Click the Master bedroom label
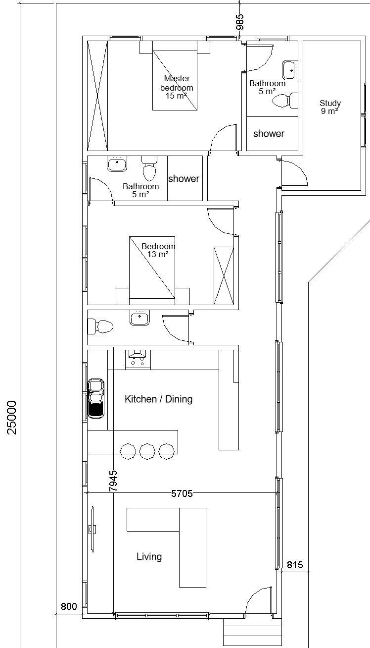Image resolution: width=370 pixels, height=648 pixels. (x=177, y=87)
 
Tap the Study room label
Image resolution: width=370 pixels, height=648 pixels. (x=330, y=107)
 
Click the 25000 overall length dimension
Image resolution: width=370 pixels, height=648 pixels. (x=12, y=418)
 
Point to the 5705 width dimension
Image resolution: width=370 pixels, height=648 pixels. (x=182, y=493)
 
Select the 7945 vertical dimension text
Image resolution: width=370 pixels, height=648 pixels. (x=113, y=481)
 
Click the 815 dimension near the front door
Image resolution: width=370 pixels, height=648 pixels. (x=295, y=565)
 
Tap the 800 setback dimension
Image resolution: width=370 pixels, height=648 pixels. (x=69, y=606)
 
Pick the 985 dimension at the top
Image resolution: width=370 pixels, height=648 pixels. (x=240, y=22)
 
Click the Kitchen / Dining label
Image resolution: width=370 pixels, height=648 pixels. (x=159, y=399)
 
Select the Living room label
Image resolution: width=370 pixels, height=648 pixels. (x=149, y=556)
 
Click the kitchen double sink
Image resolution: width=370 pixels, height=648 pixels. (x=95, y=398)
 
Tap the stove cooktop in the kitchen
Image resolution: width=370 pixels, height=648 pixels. (x=138, y=359)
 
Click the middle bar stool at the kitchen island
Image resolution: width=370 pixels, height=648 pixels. (x=147, y=451)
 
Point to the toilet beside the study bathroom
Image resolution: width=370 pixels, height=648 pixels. (x=285, y=101)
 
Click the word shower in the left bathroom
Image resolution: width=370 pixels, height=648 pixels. (x=184, y=179)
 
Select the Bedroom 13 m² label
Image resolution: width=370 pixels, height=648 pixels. (x=158, y=250)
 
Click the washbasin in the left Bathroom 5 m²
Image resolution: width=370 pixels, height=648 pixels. (x=117, y=164)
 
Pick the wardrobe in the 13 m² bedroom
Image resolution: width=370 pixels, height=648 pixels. (x=224, y=275)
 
